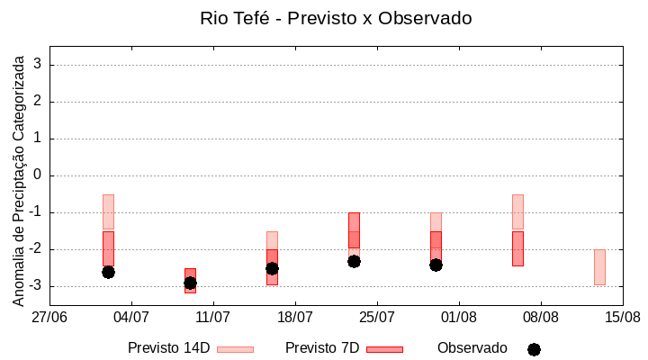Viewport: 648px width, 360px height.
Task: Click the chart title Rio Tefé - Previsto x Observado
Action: (336, 18)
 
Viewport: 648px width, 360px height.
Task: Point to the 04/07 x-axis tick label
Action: (131, 317)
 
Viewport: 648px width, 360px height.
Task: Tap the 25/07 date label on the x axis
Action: (377, 317)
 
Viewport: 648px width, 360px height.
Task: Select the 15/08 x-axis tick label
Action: (622, 317)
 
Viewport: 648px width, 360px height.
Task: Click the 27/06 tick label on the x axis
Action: (49, 317)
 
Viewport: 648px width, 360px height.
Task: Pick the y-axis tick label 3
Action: (38, 65)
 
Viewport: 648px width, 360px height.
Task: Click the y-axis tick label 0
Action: (38, 175)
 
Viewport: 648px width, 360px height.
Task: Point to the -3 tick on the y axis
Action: (35, 286)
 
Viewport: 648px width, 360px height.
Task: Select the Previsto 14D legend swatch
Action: (235, 348)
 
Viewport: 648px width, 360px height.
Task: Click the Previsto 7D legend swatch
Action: (384, 348)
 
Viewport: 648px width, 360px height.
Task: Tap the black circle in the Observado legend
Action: (534, 349)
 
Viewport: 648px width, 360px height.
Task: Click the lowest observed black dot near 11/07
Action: (190, 283)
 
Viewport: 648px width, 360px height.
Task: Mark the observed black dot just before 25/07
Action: (354, 261)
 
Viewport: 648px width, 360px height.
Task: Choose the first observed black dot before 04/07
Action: (108, 272)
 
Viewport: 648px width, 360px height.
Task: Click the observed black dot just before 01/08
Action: (436, 265)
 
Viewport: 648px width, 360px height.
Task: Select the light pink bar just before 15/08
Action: (599, 267)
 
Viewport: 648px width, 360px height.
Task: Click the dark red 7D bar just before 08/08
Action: (517, 248)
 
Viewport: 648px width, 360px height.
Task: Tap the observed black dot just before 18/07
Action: (272, 268)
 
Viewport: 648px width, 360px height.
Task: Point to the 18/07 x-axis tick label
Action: (295, 317)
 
